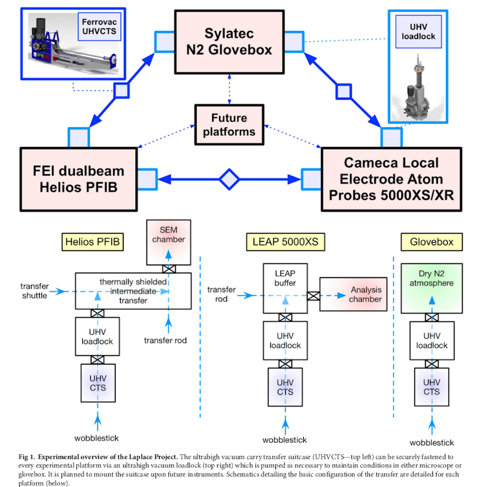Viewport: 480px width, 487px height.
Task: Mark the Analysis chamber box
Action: (359, 295)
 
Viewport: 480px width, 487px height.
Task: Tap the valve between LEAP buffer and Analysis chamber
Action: (314, 295)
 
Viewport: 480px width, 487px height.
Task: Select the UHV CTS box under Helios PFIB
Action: (98, 383)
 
